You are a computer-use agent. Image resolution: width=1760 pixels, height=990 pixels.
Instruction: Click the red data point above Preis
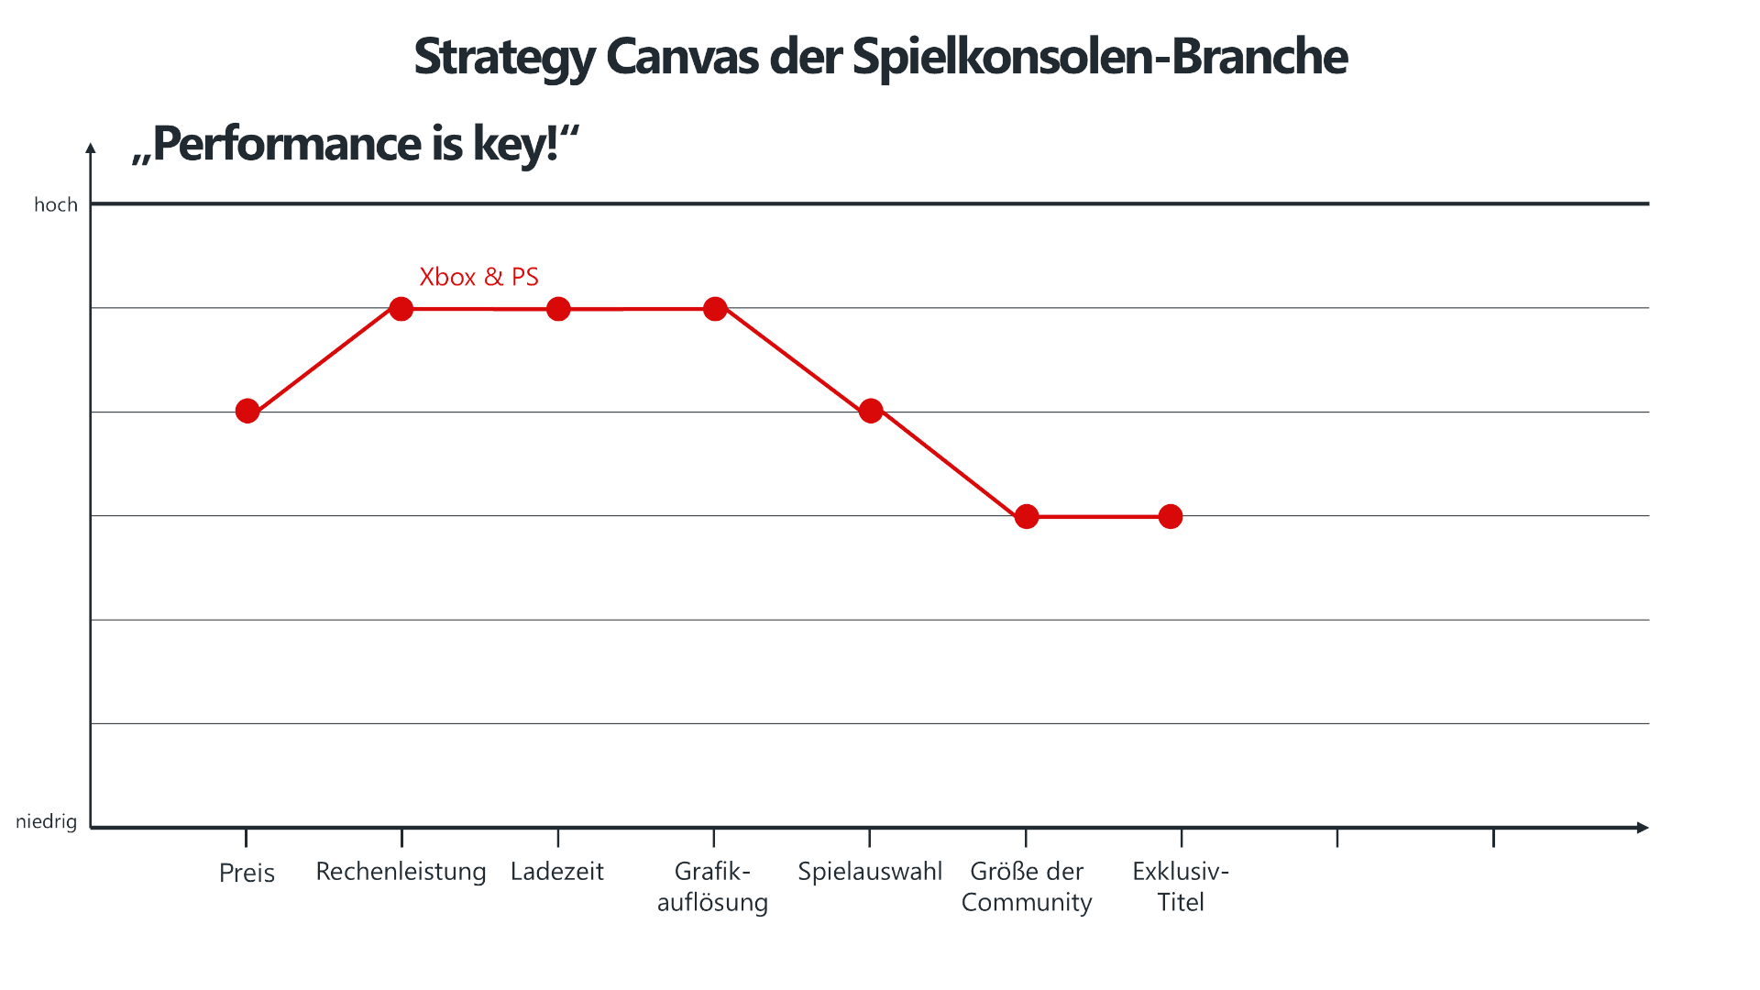247,411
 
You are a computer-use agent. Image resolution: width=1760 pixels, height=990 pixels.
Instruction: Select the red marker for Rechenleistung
401,309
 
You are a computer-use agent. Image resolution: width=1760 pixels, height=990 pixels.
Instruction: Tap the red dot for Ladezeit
558,309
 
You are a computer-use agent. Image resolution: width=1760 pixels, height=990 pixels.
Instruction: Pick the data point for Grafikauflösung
715,309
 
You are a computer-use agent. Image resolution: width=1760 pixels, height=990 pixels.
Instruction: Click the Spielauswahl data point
871,411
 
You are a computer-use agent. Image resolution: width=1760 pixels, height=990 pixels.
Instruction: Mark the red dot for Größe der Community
1027,517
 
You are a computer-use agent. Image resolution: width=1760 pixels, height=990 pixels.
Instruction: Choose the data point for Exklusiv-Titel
1171,517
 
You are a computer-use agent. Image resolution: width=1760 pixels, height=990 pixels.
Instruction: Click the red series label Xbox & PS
478,277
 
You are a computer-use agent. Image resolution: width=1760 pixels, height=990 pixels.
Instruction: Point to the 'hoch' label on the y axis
56,204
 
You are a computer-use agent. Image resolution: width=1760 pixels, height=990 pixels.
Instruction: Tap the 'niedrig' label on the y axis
47,821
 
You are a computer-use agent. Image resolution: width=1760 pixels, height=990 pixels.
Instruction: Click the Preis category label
247,873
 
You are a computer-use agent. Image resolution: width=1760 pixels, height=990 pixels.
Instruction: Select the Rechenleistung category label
401,872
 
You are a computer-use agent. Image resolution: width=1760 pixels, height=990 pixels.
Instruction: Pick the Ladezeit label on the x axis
557,872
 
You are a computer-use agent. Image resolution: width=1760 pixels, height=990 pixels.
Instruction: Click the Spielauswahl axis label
870,872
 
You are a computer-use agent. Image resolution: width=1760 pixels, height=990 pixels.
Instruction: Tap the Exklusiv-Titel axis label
1181,886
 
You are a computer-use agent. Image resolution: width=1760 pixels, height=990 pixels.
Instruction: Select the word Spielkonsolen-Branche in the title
1100,57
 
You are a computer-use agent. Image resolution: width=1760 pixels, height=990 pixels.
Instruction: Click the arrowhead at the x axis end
1643,828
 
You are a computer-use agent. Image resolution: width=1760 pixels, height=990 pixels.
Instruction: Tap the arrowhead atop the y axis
91,148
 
